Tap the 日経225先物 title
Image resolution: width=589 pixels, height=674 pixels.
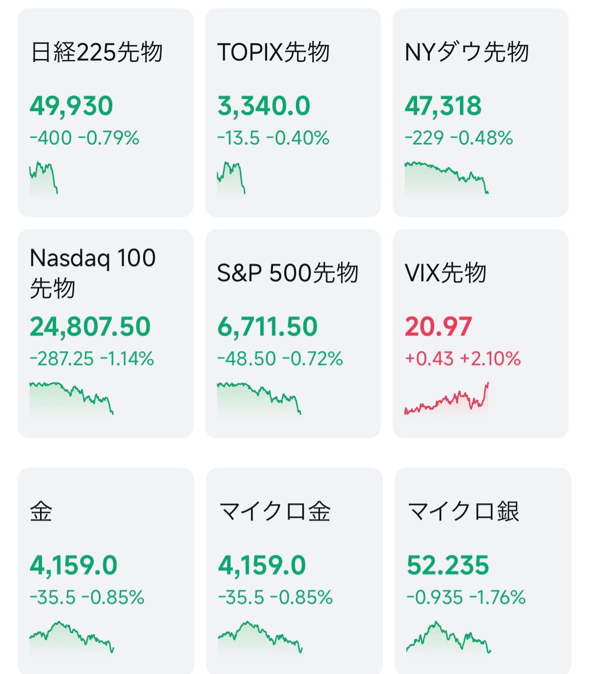coord(96,52)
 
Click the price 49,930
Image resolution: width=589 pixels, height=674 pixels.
coord(71,106)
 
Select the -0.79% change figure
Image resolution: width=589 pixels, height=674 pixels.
coord(112,138)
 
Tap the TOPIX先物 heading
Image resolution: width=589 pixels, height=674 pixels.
coord(273,52)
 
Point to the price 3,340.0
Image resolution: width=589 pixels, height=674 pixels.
coord(264,106)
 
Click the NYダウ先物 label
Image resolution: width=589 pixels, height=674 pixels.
coord(466,52)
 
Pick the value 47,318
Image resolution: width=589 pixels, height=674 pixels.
coord(443,106)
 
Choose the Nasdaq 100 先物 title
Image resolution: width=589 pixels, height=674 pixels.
coord(92,272)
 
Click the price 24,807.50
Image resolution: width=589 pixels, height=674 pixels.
coord(90,327)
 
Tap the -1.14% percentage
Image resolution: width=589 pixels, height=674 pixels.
coord(127,359)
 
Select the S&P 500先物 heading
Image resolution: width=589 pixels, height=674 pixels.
coord(287,273)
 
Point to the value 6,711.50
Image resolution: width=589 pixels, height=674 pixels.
coord(267,327)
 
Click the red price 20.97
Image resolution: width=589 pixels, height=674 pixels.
coord(438,327)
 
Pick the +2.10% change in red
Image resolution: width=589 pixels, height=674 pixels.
coord(490,359)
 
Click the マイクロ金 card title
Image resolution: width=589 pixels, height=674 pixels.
coord(274,511)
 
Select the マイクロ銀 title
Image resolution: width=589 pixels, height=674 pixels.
coord(463,511)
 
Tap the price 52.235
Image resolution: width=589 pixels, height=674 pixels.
coord(447,565)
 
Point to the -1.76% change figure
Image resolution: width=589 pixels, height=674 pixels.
coord(498,597)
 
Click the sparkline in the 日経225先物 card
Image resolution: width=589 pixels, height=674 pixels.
coord(43,177)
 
